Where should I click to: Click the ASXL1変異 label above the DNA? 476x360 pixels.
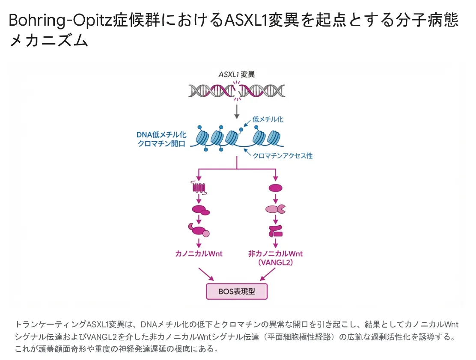click(236, 74)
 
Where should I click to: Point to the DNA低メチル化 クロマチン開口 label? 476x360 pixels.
click(161, 139)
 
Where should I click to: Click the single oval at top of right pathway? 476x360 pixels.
click(275, 187)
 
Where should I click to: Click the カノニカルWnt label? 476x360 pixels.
click(199, 253)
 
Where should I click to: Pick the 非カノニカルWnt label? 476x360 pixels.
click(275, 253)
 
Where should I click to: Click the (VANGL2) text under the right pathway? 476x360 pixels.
click(275, 263)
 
